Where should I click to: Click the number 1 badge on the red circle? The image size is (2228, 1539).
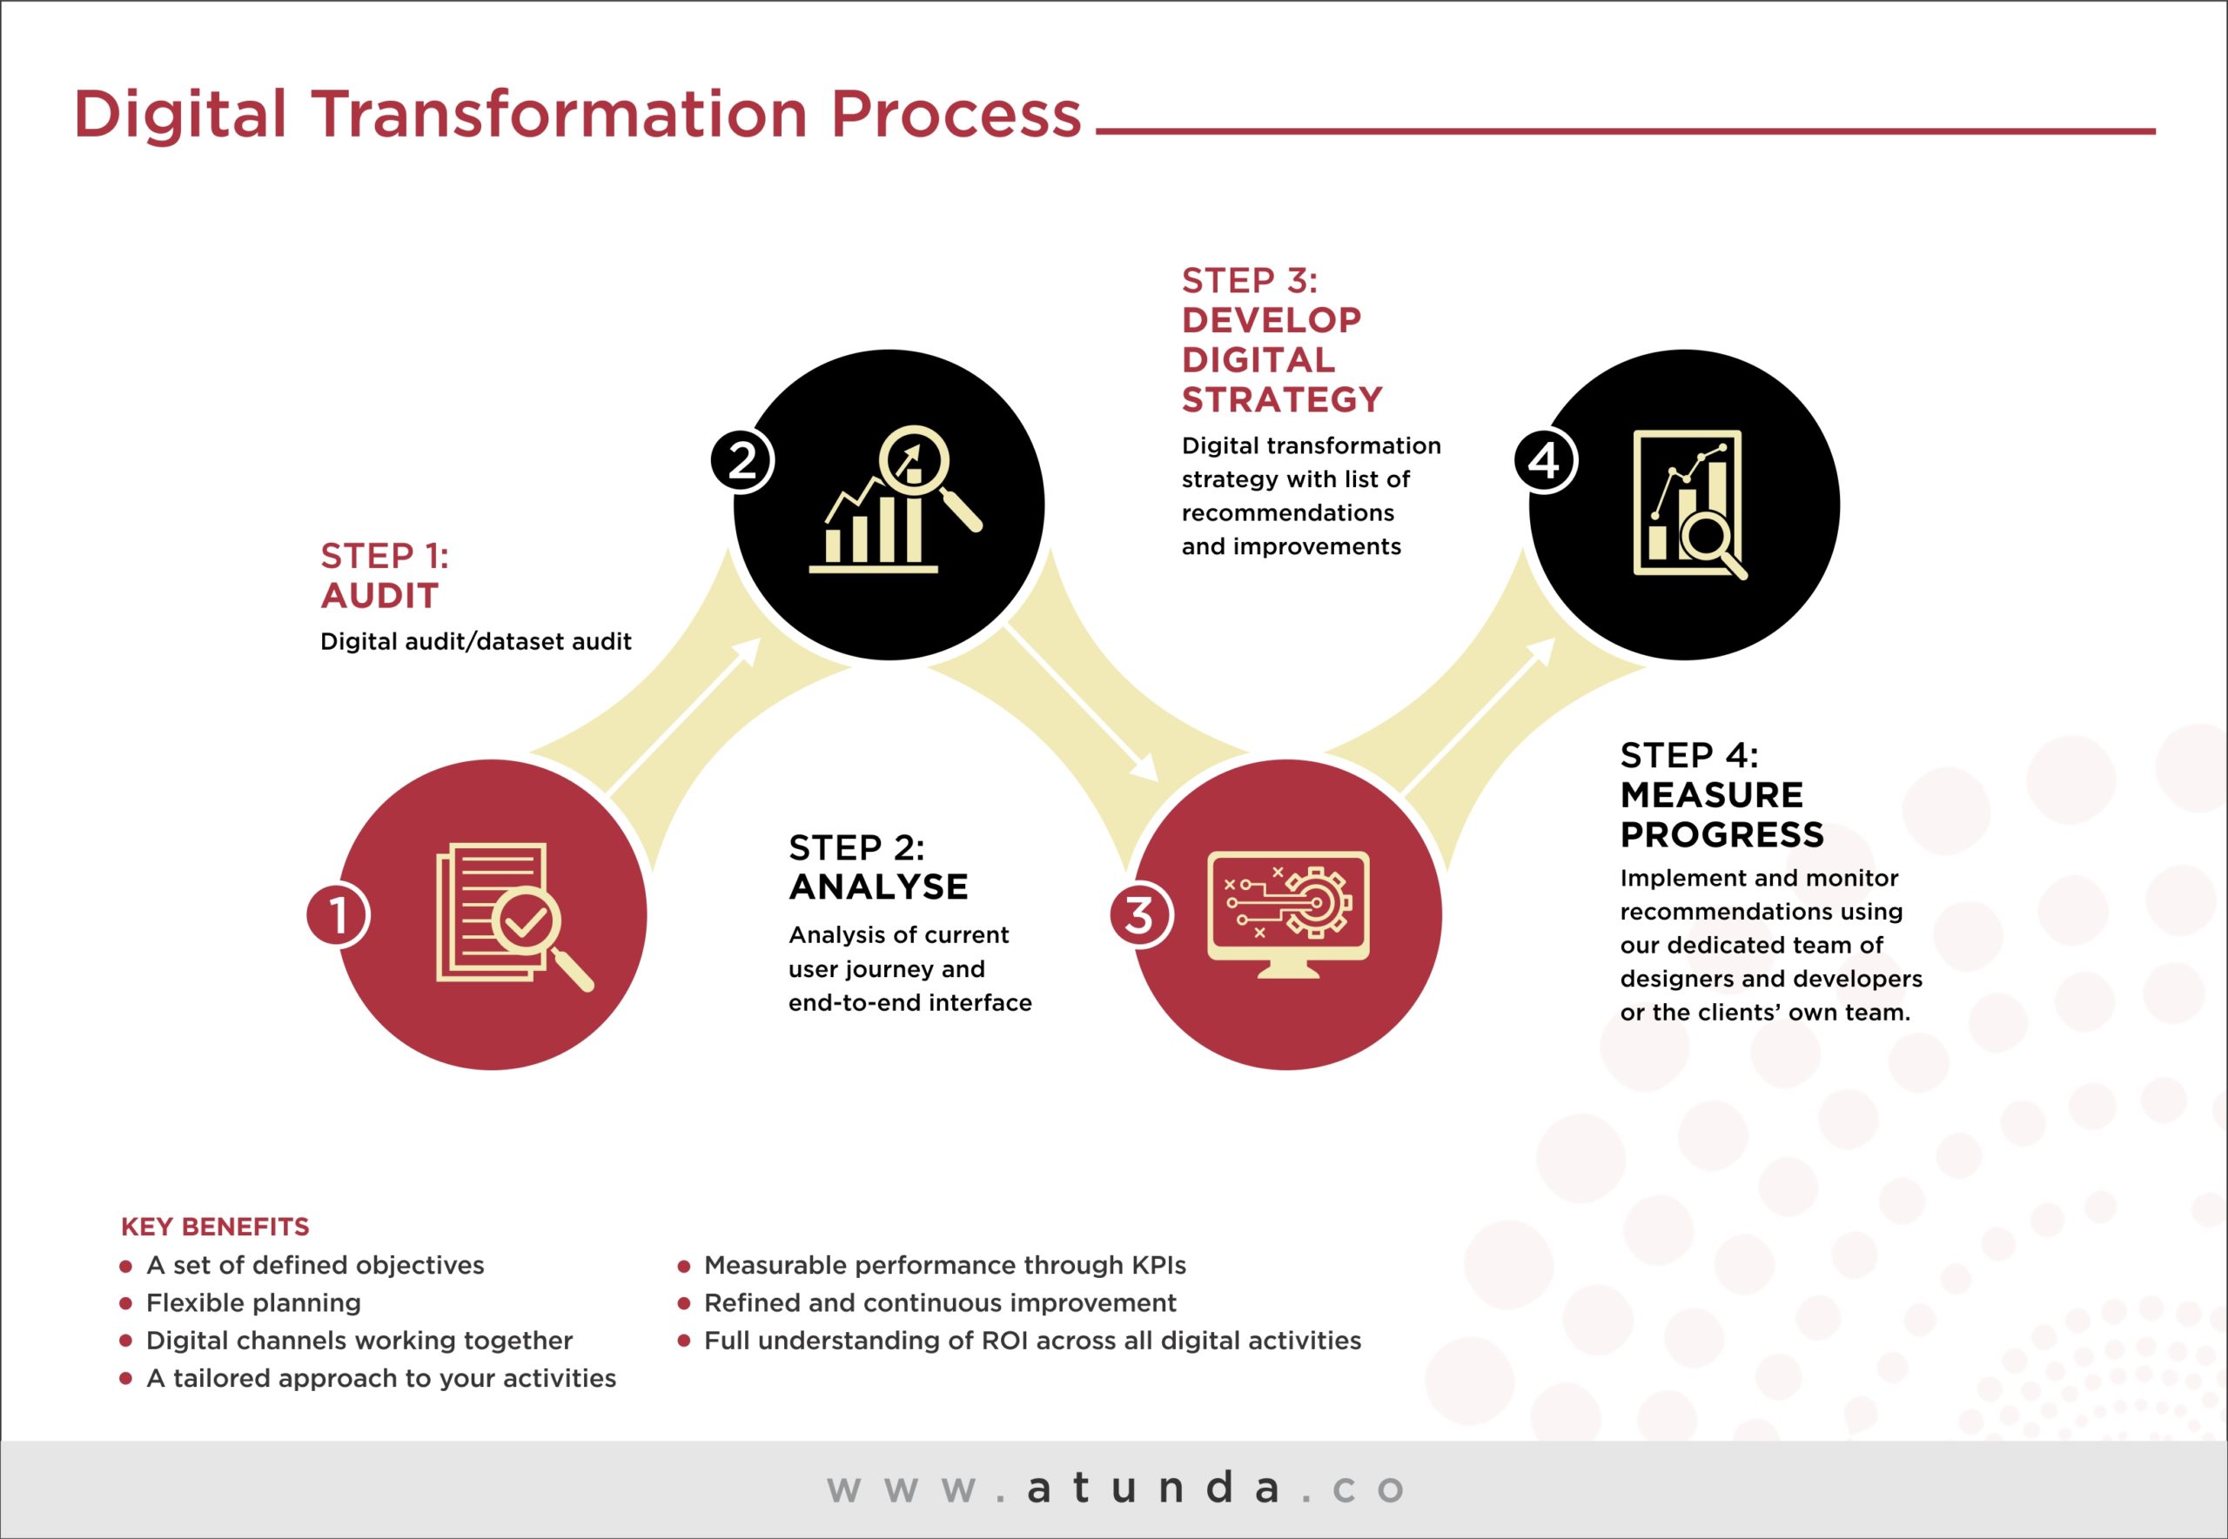point(338,914)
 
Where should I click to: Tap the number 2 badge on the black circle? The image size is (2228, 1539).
point(742,460)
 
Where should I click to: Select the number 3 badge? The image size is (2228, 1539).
point(1140,914)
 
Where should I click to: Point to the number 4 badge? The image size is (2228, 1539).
point(1544,460)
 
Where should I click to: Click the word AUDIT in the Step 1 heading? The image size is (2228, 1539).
point(380,596)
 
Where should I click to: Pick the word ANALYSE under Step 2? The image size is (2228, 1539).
point(877,887)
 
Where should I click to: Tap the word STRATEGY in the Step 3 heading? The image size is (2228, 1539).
point(1282,400)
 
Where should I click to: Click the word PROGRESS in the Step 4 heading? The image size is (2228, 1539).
point(1721,835)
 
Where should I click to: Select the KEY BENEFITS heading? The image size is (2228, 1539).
point(215,1227)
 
